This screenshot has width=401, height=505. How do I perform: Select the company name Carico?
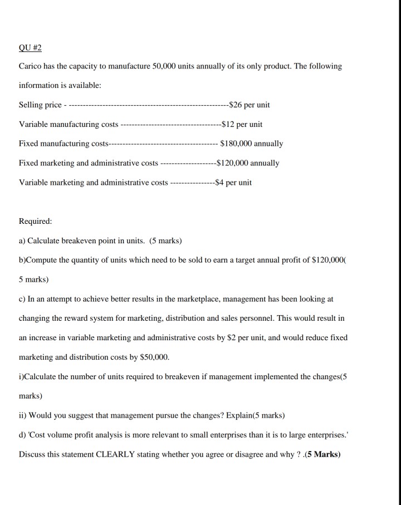[x=31, y=66]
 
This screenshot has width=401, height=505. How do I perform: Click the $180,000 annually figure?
[x=252, y=144]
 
